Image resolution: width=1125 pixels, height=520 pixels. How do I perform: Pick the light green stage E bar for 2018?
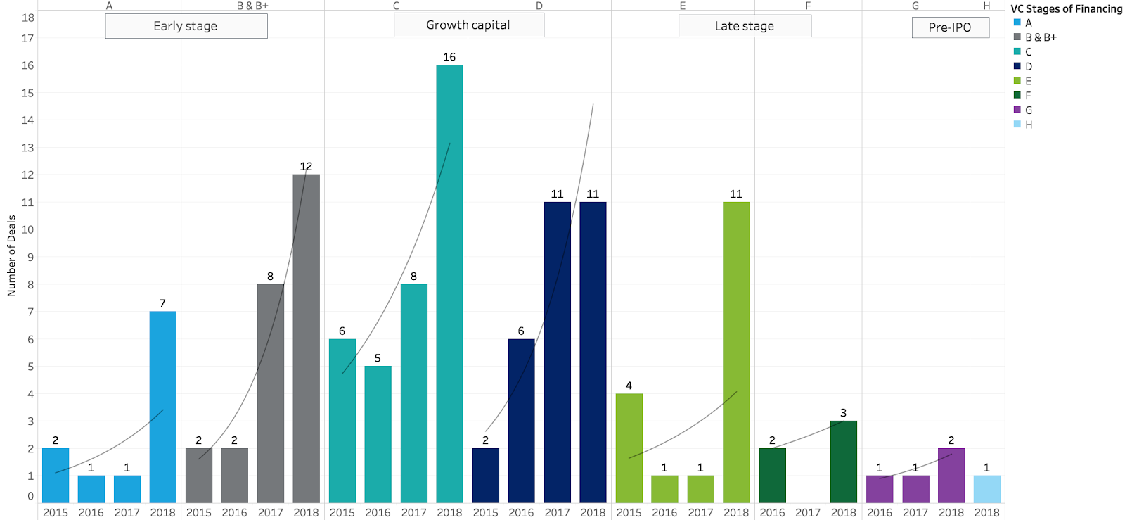[735, 352]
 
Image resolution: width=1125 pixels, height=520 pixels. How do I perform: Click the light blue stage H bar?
[986, 489]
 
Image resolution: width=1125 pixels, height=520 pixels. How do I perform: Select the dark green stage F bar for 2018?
[843, 462]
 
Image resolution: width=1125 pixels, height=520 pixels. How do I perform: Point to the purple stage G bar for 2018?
[951, 475]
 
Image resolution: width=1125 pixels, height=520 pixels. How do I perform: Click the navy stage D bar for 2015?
[485, 475]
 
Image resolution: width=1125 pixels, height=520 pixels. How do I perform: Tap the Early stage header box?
[186, 26]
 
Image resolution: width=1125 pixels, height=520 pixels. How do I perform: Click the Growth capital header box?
[468, 25]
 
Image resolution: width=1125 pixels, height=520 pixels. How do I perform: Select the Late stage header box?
[744, 26]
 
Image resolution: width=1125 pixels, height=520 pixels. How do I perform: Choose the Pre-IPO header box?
[950, 27]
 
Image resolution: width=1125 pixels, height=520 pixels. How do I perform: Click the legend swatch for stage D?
[1017, 66]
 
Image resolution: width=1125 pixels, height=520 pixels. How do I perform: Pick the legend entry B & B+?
[1041, 37]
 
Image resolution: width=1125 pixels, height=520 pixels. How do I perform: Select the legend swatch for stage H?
[1017, 125]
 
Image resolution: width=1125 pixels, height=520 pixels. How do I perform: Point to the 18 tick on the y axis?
[27, 18]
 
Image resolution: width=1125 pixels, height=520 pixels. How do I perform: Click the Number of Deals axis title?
[11, 255]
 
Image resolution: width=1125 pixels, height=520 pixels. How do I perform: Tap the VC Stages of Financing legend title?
[1066, 8]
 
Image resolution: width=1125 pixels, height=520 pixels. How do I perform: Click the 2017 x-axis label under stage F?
[807, 512]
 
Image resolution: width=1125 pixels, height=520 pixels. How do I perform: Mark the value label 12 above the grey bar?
[306, 166]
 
